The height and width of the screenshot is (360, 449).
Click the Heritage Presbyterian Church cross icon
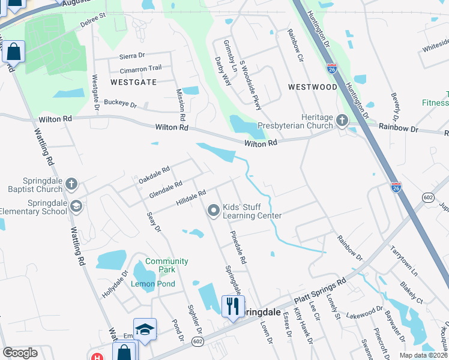(x=342, y=121)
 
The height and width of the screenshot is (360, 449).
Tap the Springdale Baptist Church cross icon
(x=71, y=184)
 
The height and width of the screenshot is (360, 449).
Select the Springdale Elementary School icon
(x=76, y=206)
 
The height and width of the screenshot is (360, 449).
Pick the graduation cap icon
(x=145, y=329)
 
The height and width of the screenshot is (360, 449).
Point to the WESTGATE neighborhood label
(x=133, y=82)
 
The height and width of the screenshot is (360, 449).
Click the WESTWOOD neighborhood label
(x=312, y=87)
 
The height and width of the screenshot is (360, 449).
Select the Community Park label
(x=166, y=262)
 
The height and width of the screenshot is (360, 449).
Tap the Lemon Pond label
(x=153, y=284)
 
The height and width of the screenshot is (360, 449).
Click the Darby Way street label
(x=223, y=71)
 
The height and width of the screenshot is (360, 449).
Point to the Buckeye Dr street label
(x=120, y=104)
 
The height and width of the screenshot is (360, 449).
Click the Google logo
(x=20, y=353)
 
